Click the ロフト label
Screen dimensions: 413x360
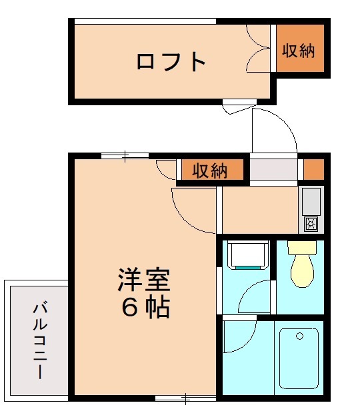point(171,62)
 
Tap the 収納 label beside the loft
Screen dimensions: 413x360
point(298,51)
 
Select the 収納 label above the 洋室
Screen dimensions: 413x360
point(209,171)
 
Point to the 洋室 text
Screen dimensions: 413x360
point(145,280)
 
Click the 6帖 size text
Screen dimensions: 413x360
point(145,307)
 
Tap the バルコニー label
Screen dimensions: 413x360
point(39,340)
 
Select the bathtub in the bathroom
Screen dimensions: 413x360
point(299,358)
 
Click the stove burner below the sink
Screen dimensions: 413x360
point(311,224)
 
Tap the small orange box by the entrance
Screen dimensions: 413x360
point(313,169)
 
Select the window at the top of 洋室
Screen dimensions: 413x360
point(125,156)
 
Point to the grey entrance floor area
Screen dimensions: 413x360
point(273,169)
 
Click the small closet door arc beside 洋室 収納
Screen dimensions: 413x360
point(167,169)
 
